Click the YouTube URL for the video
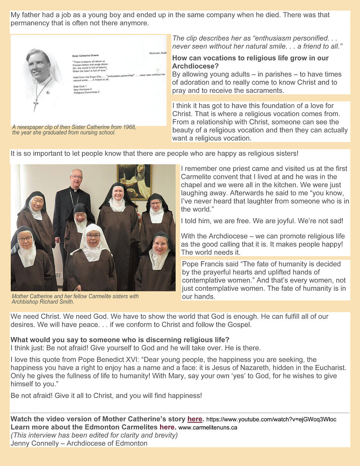tap(271, 419)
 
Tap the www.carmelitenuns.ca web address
tap(208, 427)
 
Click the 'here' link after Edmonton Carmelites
tap(167, 427)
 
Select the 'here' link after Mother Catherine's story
tap(195, 419)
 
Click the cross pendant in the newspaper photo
tap(36, 104)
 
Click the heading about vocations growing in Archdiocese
tap(250, 62)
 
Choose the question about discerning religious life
tap(120, 340)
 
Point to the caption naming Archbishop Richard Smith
tap(75, 299)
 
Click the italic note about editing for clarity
tap(94, 435)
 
